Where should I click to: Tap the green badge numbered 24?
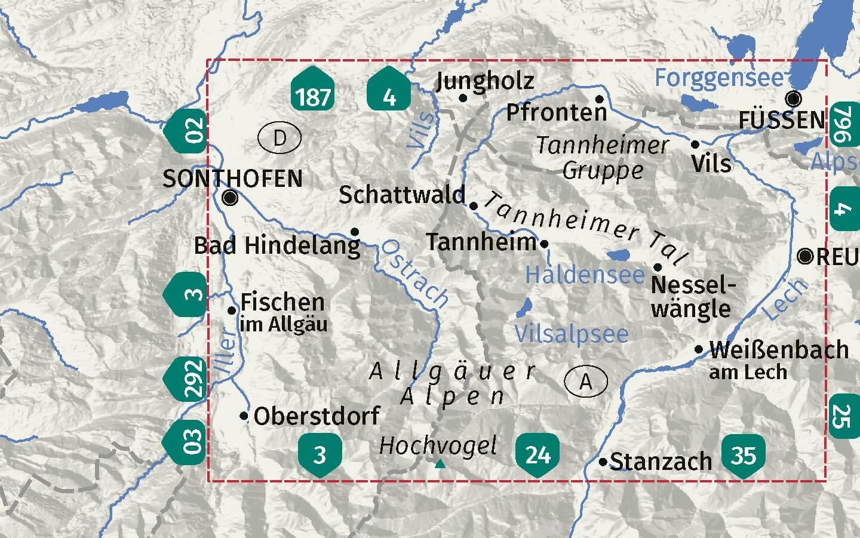click(x=537, y=454)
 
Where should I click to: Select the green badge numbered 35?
click(x=743, y=456)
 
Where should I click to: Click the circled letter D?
click(x=279, y=139)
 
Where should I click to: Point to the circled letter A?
click(x=585, y=381)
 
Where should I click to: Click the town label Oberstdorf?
click(x=317, y=416)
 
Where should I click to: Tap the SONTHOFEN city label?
click(x=232, y=179)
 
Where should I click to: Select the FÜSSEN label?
click(x=781, y=120)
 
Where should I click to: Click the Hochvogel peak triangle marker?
click(x=440, y=463)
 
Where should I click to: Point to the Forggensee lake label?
click(x=718, y=78)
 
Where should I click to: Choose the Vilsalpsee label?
click(x=572, y=334)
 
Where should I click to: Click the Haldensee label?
click(x=585, y=275)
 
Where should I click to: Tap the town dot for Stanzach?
click(x=603, y=462)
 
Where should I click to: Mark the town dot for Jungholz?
click(x=463, y=98)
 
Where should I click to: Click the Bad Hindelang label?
click(x=277, y=245)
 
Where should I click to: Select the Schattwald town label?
click(x=401, y=195)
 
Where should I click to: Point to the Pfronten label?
click(x=556, y=112)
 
